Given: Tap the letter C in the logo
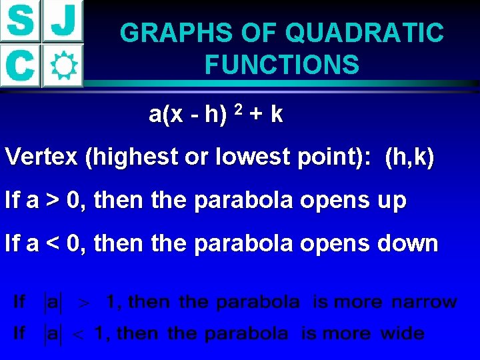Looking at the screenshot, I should click(21, 65).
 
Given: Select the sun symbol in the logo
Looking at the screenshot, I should click(63, 65).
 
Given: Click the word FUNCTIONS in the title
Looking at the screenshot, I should click(282, 65).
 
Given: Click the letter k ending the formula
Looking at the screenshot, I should click(277, 115).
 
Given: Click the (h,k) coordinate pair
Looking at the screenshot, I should click(409, 158).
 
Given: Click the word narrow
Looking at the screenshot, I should click(424, 302).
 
